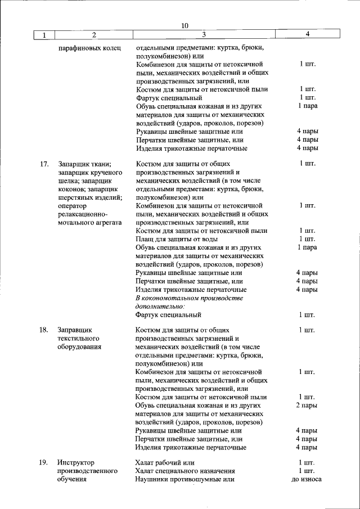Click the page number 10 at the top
(186, 25)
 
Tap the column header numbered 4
(307, 35)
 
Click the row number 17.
(44, 164)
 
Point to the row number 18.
(44, 330)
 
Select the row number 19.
(44, 462)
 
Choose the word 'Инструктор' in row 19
(78, 462)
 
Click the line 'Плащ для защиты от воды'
(175, 239)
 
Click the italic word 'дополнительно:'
(160, 306)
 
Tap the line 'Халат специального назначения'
(185, 471)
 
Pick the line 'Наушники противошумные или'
(184, 479)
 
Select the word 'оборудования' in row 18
(79, 346)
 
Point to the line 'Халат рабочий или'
(165, 462)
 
